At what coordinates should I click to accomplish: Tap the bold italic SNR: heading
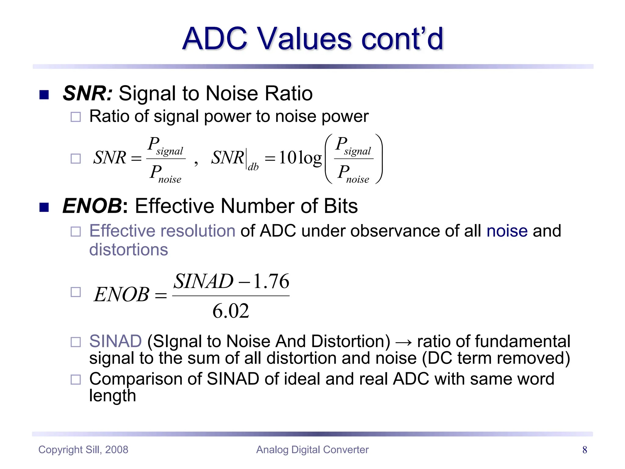point(88,93)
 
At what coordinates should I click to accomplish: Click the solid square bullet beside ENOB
point(44,207)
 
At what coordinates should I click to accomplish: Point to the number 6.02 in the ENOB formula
point(231,311)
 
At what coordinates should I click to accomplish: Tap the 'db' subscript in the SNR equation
point(253,167)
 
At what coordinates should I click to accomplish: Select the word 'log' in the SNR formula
point(310,158)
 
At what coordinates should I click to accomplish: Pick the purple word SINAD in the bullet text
point(115,341)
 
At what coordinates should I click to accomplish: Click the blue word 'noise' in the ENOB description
point(507,231)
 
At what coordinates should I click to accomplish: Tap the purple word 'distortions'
point(128,249)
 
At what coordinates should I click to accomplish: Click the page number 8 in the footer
point(584,450)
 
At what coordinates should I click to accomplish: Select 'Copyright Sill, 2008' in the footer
point(83,450)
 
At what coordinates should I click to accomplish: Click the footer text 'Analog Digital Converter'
point(312,450)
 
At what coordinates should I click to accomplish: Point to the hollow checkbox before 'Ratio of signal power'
point(76,117)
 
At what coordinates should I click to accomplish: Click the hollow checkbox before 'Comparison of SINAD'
point(76,380)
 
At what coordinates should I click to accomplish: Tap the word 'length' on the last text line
point(112,396)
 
